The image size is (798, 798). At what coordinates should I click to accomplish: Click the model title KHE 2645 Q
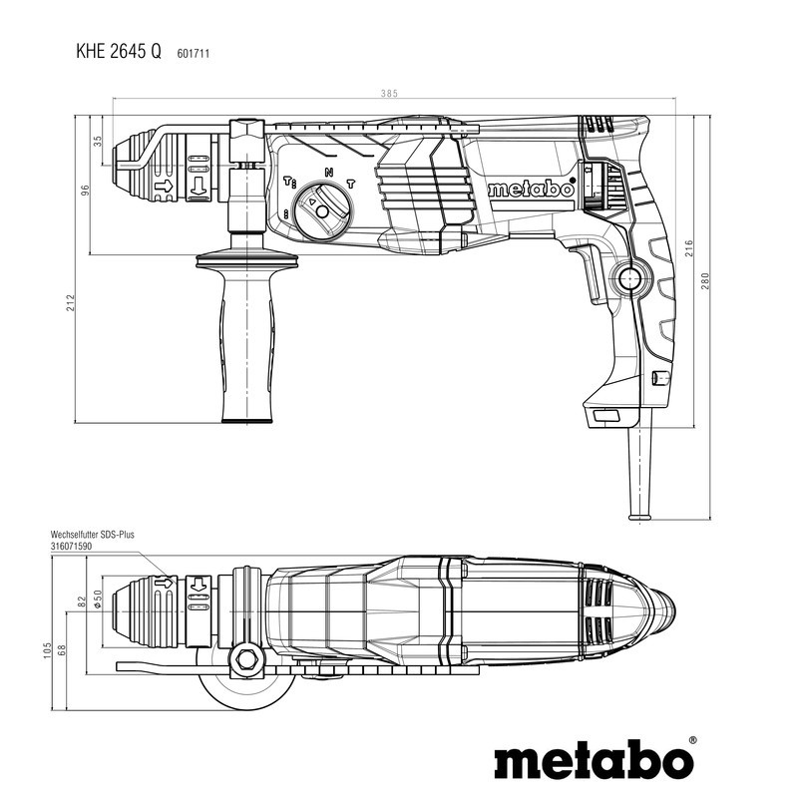click(x=117, y=52)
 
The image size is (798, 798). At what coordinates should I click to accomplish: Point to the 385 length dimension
click(x=388, y=94)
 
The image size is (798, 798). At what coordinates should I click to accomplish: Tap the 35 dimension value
click(x=98, y=141)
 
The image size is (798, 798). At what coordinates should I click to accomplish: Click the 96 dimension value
click(x=87, y=189)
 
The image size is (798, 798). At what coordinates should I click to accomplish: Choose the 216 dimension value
click(x=688, y=249)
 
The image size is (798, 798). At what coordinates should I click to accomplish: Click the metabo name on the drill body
click(x=531, y=190)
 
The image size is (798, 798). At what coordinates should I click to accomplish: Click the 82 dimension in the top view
click(x=83, y=600)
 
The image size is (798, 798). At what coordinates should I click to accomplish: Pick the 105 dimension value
click(x=48, y=651)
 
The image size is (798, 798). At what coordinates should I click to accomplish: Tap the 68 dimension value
click(x=62, y=651)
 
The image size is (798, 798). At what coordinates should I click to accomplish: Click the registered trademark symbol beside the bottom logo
click(x=692, y=741)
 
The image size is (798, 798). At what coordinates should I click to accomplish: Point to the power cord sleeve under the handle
click(x=638, y=469)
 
